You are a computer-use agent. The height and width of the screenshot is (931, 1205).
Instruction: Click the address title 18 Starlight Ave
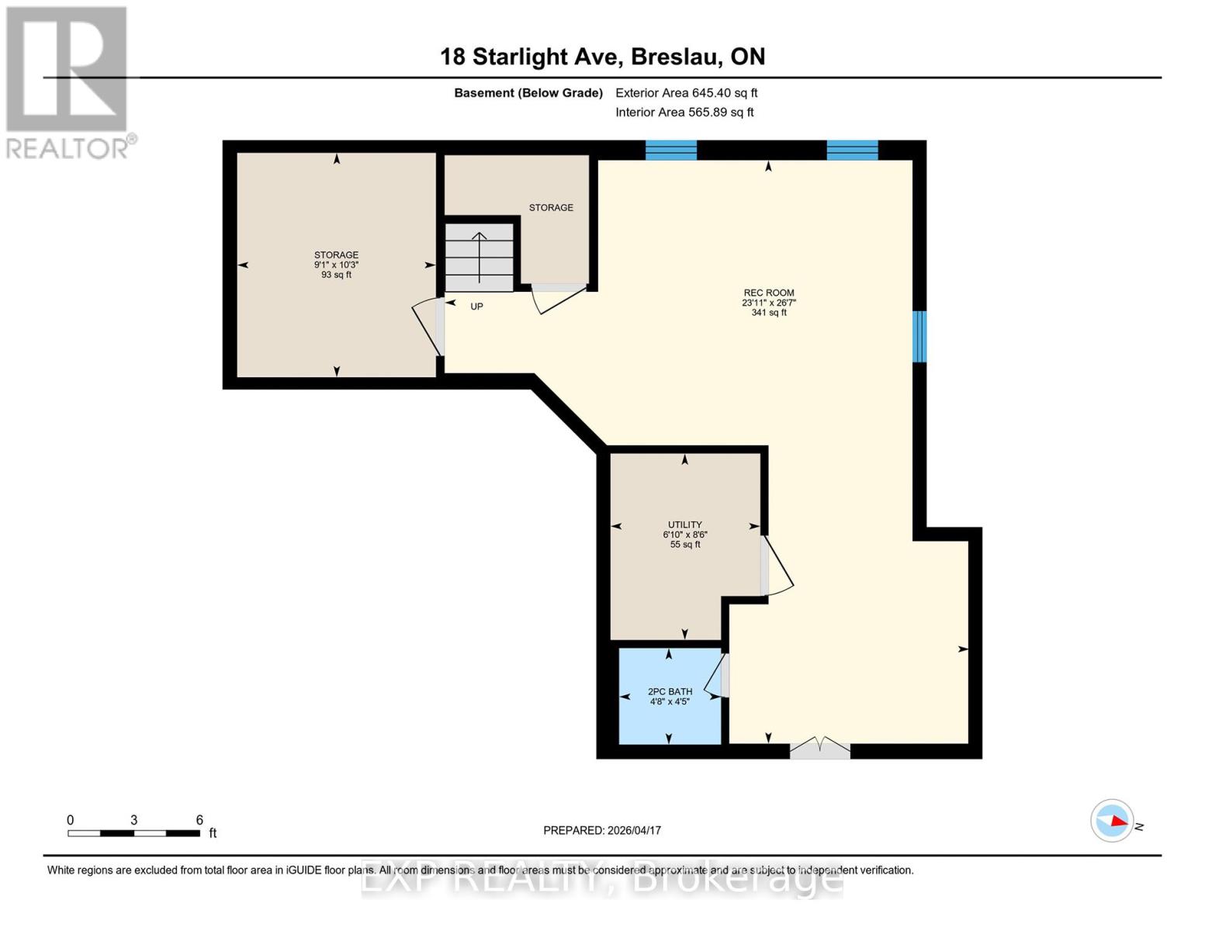click(602, 57)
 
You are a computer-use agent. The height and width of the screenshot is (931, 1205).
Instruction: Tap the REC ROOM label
click(768, 293)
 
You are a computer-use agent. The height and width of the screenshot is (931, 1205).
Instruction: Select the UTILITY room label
click(684, 524)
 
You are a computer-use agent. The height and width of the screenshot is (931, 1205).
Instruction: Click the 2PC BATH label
click(670, 691)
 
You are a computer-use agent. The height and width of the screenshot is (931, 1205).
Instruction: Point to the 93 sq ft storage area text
click(336, 275)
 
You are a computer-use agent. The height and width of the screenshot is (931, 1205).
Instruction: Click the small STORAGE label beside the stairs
click(551, 208)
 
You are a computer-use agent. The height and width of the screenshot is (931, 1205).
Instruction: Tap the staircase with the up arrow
click(480, 257)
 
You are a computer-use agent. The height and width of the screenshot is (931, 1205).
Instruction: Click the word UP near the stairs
click(476, 306)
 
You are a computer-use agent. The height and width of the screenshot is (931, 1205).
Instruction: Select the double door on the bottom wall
click(819, 749)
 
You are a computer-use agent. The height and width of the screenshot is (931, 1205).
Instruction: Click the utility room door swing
click(777, 566)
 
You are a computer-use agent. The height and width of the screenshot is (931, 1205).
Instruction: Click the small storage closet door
click(557, 298)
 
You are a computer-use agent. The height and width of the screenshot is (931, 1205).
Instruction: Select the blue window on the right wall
click(919, 336)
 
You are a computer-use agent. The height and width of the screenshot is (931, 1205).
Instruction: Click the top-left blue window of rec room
click(671, 150)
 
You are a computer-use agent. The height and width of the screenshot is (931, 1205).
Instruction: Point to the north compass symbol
click(1112, 820)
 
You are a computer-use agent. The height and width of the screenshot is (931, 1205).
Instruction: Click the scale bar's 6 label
click(199, 820)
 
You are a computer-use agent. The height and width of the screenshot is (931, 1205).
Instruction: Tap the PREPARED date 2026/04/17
click(602, 830)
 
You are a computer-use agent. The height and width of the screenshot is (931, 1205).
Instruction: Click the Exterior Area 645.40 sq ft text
click(686, 93)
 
